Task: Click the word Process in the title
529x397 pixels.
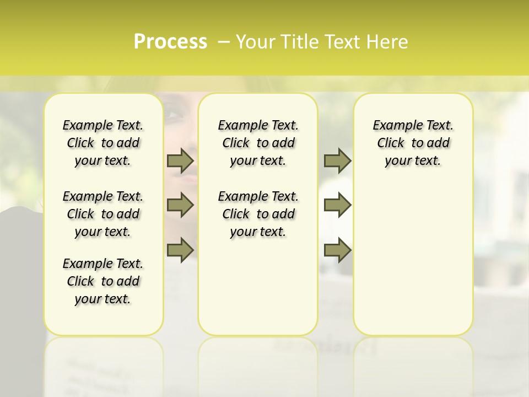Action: [170, 42]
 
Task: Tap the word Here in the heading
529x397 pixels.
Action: [388, 42]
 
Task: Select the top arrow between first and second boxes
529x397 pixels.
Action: [180, 160]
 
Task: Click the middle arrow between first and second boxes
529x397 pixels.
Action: [180, 205]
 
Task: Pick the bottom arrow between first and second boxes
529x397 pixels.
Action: [180, 250]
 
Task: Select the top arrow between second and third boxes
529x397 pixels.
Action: [337, 160]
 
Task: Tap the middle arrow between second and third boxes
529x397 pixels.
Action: [337, 205]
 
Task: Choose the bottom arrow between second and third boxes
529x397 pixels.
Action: [337, 250]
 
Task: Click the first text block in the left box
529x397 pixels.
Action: [103, 143]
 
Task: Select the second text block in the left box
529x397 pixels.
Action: [103, 214]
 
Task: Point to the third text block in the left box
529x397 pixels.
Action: [103, 281]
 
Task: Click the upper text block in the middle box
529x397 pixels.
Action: [258, 143]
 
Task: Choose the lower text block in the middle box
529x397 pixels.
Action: [258, 214]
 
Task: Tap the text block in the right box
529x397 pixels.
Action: [413, 143]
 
